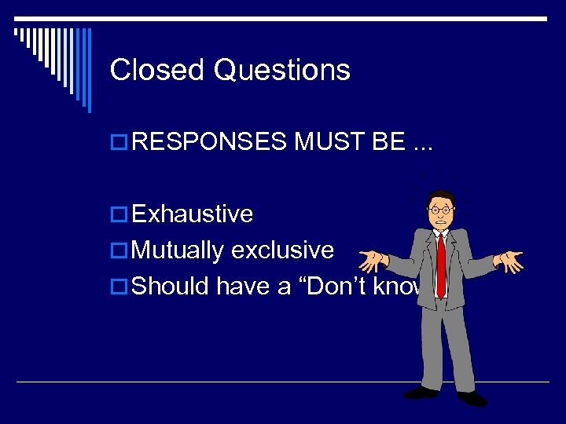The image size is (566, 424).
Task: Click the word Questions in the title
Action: click(281, 71)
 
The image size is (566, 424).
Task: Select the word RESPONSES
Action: click(210, 141)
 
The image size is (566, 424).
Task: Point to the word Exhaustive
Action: click(193, 214)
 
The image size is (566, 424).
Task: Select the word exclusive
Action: click(282, 250)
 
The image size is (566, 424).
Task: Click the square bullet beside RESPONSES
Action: click(120, 142)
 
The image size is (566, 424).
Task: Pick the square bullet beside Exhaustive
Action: click(120, 214)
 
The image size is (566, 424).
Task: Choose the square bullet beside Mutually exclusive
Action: click(120, 251)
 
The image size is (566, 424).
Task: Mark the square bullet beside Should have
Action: click(120, 287)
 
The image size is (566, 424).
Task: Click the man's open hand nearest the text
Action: click(372, 258)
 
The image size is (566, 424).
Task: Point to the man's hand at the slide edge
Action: click(512, 261)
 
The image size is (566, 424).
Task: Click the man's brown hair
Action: click(442, 196)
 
